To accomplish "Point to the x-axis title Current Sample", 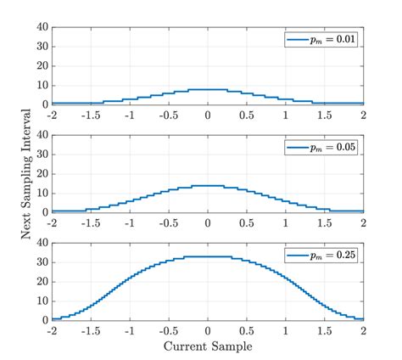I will pyautogui.click(x=208, y=346).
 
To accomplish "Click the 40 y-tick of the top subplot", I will pyautogui.click(x=42, y=27).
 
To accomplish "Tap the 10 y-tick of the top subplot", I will pyautogui.click(x=42, y=86).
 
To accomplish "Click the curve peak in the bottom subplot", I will pyautogui.click(x=208, y=256).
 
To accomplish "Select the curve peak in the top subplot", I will pyautogui.click(x=208, y=89).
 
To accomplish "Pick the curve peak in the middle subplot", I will pyautogui.click(x=208, y=185).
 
